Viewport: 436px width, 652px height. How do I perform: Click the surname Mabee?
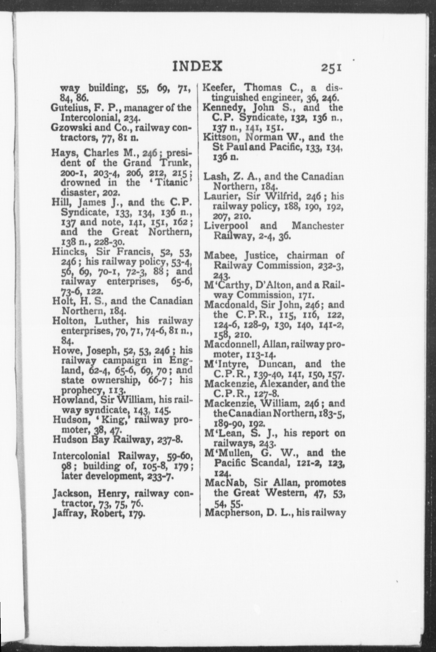[x=219, y=256]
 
